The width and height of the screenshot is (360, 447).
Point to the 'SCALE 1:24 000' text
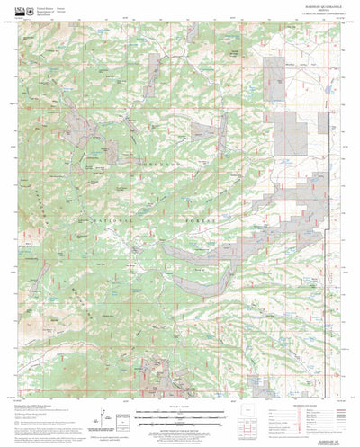pyautogui.click(x=180, y=407)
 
